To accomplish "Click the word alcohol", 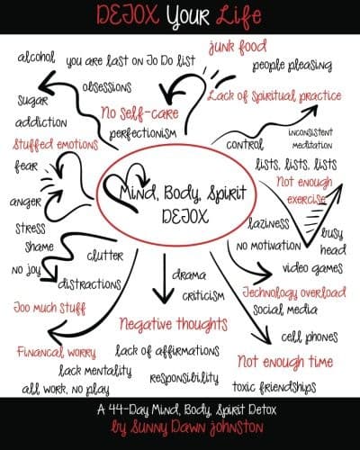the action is tap(36, 57).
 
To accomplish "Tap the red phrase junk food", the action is tap(238, 47).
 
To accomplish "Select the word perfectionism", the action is tap(143, 133).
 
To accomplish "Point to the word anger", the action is tap(25, 202).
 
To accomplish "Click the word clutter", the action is tap(105, 256).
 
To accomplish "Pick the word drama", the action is tap(189, 275).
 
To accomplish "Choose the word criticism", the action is tap(203, 296).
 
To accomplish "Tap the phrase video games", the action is tap(312, 268).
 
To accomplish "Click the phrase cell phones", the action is tap(310, 337).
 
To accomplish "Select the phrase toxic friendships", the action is tap(274, 387).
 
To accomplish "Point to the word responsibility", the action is tap(184, 378).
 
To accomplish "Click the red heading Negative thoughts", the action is tap(174, 324).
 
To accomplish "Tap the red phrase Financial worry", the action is tap(57, 352).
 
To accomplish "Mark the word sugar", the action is tap(32, 101).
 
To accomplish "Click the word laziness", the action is tap(268, 223).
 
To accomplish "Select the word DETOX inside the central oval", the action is tap(185, 216).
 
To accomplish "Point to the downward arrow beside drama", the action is tap(164, 278).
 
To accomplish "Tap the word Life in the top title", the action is tap(238, 15).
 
